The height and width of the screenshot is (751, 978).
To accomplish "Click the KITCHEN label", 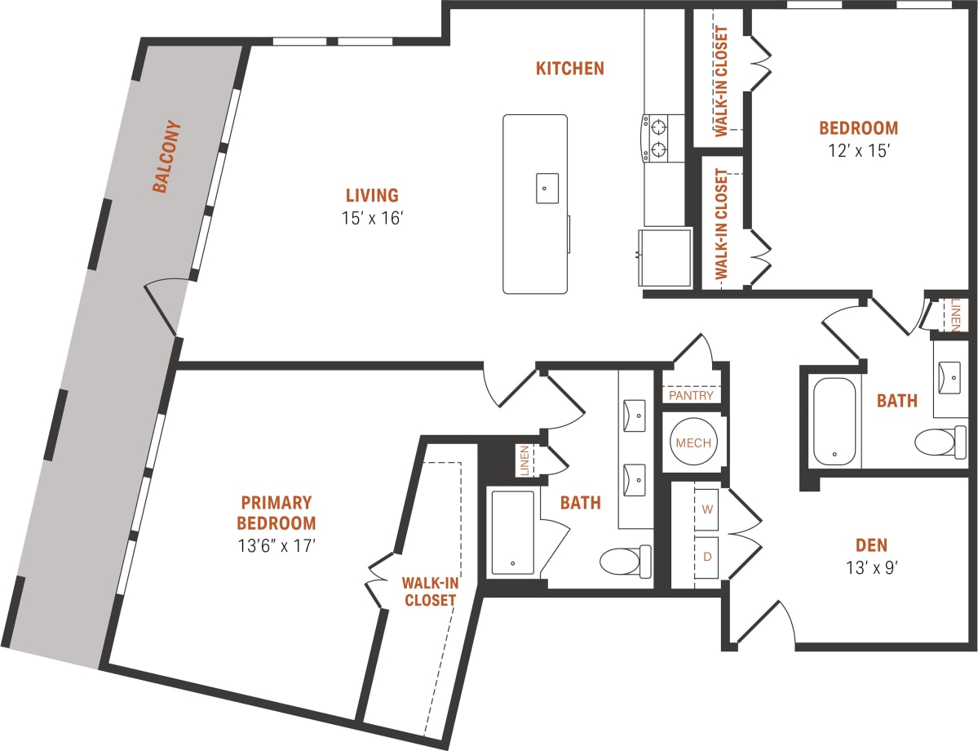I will tap(569, 69).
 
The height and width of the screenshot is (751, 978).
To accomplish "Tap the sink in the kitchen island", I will tap(546, 188).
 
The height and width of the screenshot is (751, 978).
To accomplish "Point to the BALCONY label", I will tap(166, 158).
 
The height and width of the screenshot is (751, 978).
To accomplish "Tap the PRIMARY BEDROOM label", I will tap(276, 513).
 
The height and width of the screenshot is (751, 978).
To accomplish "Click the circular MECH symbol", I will tap(692, 443).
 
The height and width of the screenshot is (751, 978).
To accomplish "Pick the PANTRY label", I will tap(691, 395).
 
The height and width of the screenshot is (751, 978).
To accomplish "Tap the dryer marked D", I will tap(706, 555).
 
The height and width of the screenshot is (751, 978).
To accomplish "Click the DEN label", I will tap(871, 545).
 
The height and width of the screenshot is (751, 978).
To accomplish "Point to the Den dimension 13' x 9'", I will tap(871, 567).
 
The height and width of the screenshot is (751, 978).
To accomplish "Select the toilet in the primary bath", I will tap(625, 560).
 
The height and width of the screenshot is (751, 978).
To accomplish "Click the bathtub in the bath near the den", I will tap(834, 421).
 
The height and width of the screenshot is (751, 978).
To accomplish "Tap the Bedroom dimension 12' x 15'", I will tap(858, 150).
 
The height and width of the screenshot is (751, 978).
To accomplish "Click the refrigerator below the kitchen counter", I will tap(665, 257).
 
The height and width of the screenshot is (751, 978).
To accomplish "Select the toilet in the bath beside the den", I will tap(939, 442).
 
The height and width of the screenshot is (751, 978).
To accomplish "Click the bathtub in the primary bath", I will tap(512, 531).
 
